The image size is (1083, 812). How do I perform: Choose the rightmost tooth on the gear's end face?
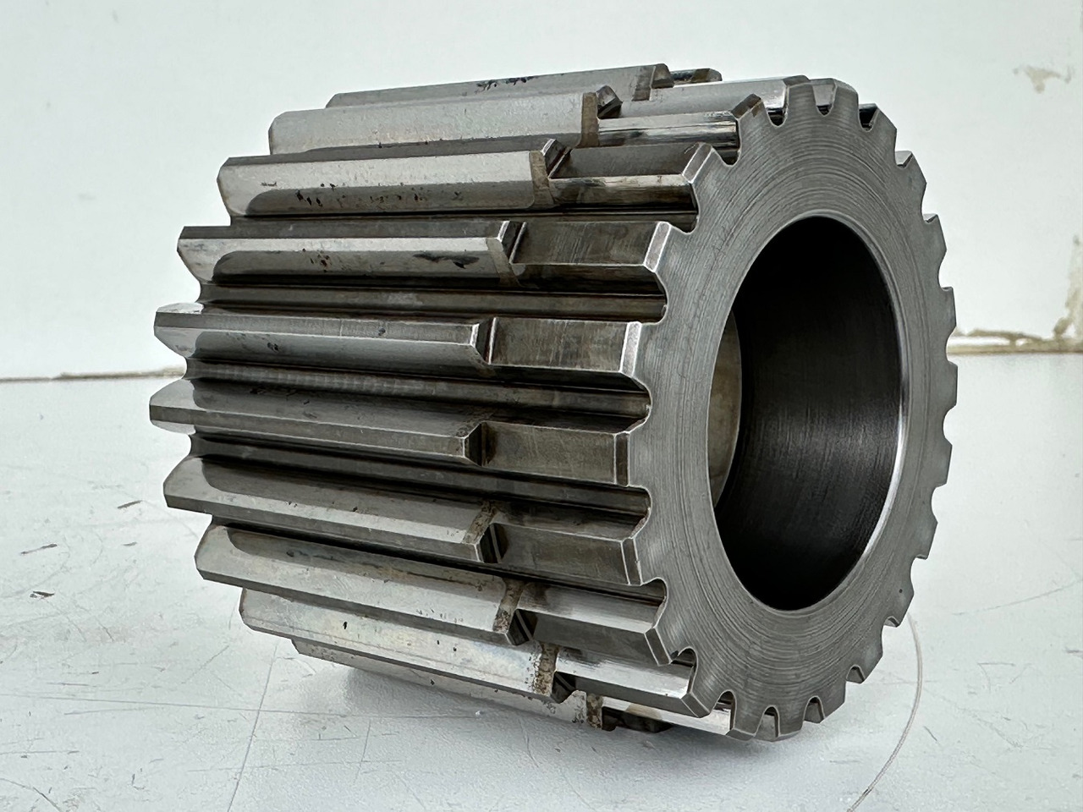pyautogui.click(x=948, y=372)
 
